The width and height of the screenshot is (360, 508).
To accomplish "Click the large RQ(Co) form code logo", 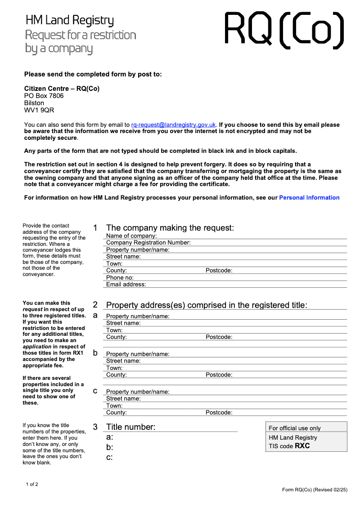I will [x=284, y=30].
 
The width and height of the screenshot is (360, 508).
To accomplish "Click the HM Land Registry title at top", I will [x=70, y=20].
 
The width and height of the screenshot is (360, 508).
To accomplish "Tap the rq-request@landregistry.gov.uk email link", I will [x=174, y=125].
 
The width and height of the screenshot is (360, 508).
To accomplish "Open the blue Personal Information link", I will [x=309, y=197].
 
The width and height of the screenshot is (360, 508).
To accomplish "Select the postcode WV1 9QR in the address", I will [x=39, y=110].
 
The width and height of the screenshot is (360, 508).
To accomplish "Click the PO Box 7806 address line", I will [x=44, y=96].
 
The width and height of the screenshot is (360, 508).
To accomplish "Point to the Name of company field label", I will [x=131, y=236].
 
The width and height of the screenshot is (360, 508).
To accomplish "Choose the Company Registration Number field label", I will [x=148, y=243].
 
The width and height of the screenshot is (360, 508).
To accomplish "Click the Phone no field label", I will [x=120, y=277].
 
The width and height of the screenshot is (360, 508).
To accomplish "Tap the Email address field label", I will [x=126, y=285].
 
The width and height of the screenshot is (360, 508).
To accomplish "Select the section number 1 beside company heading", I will [x=95, y=228].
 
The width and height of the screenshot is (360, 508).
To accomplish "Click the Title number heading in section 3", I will [x=130, y=427].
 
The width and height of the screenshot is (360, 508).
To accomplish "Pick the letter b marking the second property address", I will [x=95, y=353].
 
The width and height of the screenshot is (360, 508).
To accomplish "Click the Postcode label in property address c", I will [x=219, y=412].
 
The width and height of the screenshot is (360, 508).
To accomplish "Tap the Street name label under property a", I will [x=123, y=323].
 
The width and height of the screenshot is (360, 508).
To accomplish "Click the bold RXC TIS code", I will [x=302, y=446].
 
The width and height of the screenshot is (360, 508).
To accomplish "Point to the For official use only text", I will [x=295, y=428].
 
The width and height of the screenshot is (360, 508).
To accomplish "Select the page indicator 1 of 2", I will [x=32, y=484].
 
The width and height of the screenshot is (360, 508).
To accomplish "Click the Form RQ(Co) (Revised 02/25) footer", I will [x=315, y=490].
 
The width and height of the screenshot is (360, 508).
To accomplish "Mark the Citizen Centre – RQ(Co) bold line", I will [x=62, y=89].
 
